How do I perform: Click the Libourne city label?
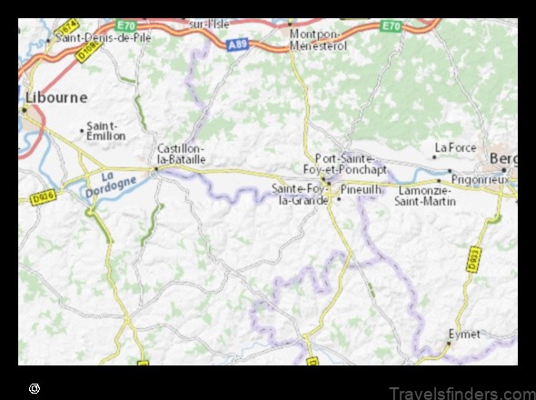55,96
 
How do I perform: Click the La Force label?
454,146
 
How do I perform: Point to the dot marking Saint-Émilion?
83,131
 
